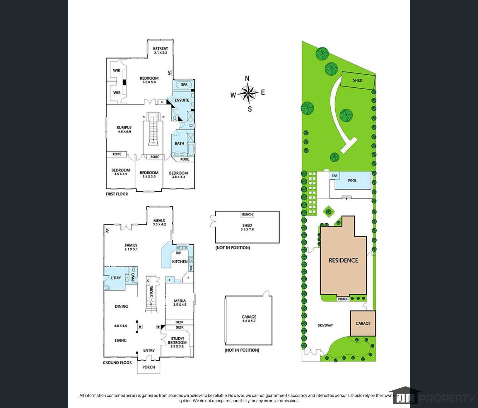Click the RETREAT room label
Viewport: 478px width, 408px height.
point(161,49)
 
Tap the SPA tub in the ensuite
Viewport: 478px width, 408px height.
point(184,85)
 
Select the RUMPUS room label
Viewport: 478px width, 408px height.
point(124,127)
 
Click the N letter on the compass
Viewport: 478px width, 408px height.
point(247,79)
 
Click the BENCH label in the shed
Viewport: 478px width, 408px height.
point(247,215)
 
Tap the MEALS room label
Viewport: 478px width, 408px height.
point(159,221)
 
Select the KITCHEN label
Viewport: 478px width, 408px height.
point(180,261)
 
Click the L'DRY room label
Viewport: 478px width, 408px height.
point(116,278)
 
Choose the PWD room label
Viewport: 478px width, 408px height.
point(133,277)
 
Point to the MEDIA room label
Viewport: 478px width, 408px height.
point(180,301)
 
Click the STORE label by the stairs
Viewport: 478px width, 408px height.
point(151,291)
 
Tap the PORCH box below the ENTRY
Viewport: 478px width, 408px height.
point(148,367)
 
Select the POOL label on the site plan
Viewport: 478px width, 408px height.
point(352,181)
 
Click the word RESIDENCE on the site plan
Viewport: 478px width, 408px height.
point(343,260)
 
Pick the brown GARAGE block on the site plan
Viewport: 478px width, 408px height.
point(363,323)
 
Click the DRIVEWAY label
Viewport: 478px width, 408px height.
point(325,325)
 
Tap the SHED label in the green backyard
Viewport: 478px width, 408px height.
point(358,80)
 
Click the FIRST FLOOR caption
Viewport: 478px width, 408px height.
point(117,194)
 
